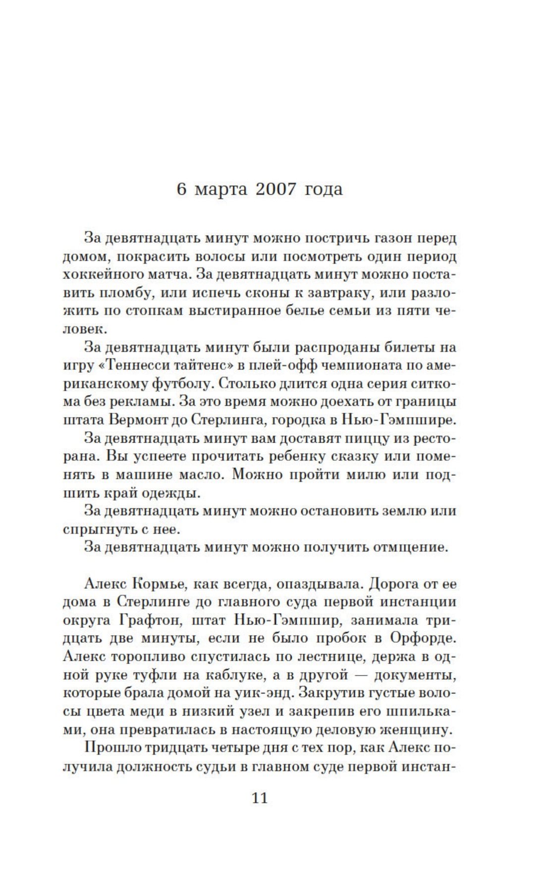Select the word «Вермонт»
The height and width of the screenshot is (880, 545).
coord(144,420)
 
